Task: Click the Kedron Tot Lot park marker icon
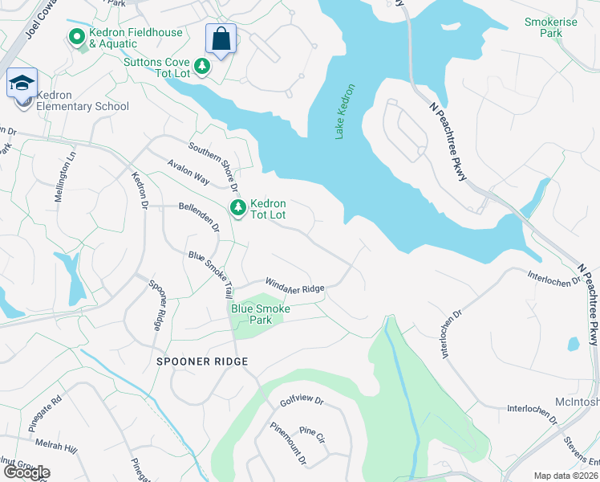238,208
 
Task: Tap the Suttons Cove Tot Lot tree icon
203,67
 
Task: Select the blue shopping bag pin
221,39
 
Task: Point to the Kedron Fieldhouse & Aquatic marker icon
77,37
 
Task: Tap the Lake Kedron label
344,112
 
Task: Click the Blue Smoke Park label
261,314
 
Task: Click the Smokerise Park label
550,28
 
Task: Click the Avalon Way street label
188,172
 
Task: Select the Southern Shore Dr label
214,167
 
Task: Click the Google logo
26,472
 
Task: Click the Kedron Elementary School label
83,106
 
